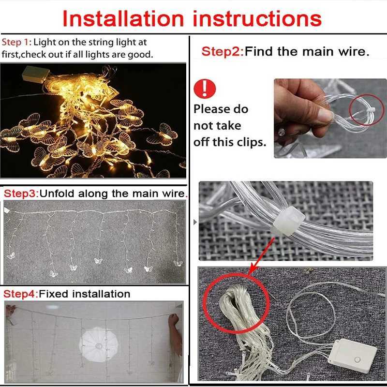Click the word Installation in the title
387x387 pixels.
[x=123, y=19]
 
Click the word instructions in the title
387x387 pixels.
[x=257, y=19]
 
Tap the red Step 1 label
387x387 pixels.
[x=16, y=42]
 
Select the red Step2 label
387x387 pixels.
[x=223, y=52]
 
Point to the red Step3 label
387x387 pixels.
[x=21, y=193]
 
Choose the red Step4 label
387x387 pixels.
[x=21, y=294]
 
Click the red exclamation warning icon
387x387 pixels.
[x=205, y=89]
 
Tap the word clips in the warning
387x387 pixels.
[x=252, y=142]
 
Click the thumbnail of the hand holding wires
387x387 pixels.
[x=330, y=118]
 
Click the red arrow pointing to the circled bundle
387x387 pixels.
[x=261, y=256]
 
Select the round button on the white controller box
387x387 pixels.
[x=357, y=359]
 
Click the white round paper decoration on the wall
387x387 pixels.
[x=99, y=344]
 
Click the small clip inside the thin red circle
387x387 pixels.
[x=370, y=110]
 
